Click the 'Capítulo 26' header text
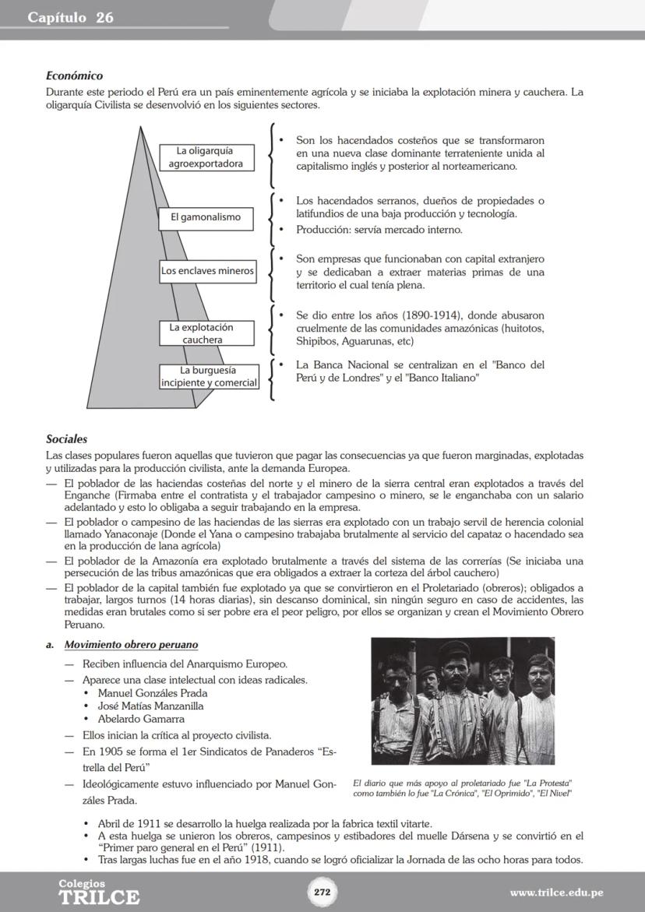(71, 17)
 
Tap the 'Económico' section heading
(75, 76)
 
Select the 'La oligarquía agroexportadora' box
(206, 157)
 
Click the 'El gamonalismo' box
(206, 217)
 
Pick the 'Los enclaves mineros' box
(207, 271)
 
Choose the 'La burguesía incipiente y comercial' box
(209, 376)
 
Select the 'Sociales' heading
(67, 439)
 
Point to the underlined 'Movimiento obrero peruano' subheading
(131, 645)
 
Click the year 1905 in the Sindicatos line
(113, 752)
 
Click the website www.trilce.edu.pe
(556, 893)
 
